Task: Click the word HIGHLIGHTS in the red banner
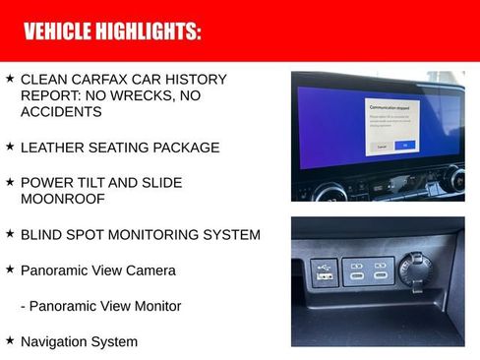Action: pyautogui.click(x=147, y=31)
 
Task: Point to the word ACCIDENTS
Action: pyautogui.click(x=61, y=112)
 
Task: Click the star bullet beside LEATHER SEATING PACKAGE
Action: pyautogui.click(x=10, y=147)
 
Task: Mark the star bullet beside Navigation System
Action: pyautogui.click(x=10, y=340)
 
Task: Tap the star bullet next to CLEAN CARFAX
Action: pyautogui.click(x=10, y=78)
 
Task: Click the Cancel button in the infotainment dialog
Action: pyautogui.click(x=381, y=145)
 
